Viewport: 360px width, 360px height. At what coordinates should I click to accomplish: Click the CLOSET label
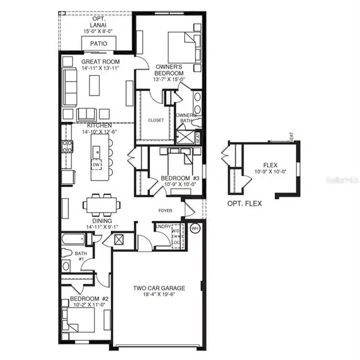tap(155, 120)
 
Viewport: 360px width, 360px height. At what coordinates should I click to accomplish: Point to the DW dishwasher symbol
tap(96, 164)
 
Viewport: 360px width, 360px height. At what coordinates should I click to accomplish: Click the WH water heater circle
tap(194, 229)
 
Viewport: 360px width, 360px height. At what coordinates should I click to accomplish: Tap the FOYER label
tap(166, 211)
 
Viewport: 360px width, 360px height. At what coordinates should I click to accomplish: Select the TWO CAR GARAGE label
tap(158, 288)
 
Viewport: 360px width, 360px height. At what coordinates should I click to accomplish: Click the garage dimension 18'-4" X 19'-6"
tap(158, 295)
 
